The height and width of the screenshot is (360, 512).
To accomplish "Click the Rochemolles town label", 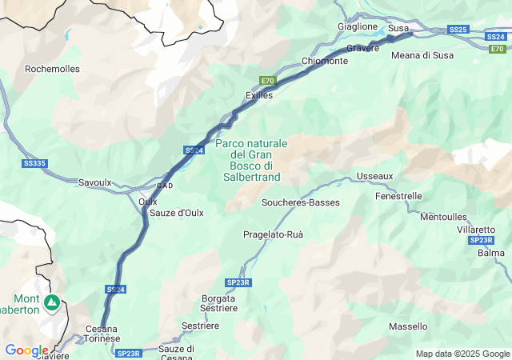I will (53, 69).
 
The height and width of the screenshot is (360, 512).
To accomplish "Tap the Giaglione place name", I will (358, 26).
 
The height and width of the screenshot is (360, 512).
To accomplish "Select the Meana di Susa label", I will (422, 55).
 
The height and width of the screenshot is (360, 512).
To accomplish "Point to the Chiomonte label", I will (325, 62).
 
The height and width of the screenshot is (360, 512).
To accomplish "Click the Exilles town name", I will (259, 95).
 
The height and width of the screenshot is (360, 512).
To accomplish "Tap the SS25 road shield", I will (458, 30).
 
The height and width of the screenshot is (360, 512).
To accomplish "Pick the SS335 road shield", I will (34, 163).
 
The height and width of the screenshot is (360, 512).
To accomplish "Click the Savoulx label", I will (94, 182).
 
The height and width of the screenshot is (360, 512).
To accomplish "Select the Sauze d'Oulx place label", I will (178, 213).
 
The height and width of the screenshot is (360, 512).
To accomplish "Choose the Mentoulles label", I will (443, 217).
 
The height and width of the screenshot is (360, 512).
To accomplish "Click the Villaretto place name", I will (476, 230).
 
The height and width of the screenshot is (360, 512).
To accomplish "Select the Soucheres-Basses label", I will (301, 202).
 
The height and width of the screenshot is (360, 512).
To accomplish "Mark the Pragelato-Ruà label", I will (274, 234).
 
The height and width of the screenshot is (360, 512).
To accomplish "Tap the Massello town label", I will (408, 326).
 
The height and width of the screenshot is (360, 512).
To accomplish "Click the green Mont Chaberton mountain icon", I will (52, 302).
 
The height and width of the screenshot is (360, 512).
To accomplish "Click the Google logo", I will (26, 350).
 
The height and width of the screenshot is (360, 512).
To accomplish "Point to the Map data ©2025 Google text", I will (462, 354).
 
